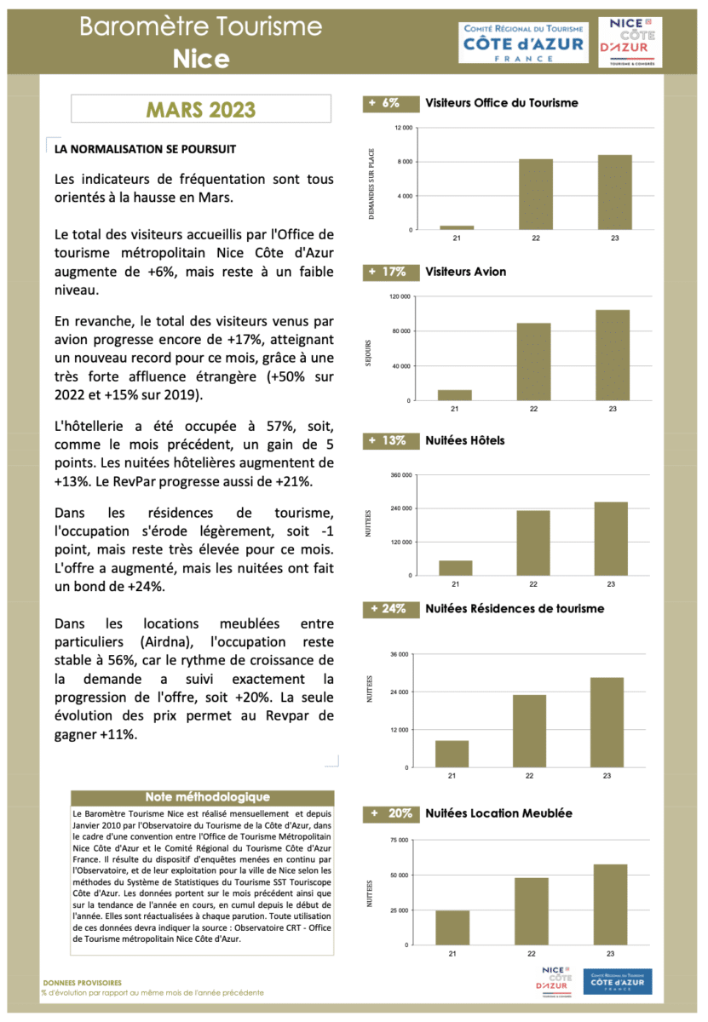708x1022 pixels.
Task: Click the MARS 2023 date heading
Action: [200, 110]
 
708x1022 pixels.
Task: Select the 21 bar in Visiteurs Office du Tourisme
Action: [457, 227]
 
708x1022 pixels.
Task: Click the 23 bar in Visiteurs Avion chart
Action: [613, 355]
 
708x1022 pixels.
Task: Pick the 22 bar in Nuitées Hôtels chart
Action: [533, 543]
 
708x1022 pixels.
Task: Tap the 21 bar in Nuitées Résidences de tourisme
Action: [452, 754]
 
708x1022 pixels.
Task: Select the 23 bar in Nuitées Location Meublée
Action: [610, 904]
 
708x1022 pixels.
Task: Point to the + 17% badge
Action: [389, 272]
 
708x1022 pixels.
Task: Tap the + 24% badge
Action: [389, 609]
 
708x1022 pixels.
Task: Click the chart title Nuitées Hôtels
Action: [464, 440]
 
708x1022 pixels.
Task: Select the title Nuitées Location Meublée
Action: [498, 813]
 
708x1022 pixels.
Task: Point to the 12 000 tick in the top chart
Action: [403, 128]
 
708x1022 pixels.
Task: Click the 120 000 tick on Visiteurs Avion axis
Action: [400, 296]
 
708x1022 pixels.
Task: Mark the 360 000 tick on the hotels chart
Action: [400, 475]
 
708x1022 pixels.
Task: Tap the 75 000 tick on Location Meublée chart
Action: [398, 841]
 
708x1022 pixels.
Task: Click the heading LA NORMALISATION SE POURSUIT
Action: [145, 149]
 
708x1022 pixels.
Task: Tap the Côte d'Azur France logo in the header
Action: [523, 42]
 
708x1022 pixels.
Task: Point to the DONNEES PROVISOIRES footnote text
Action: [82, 982]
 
